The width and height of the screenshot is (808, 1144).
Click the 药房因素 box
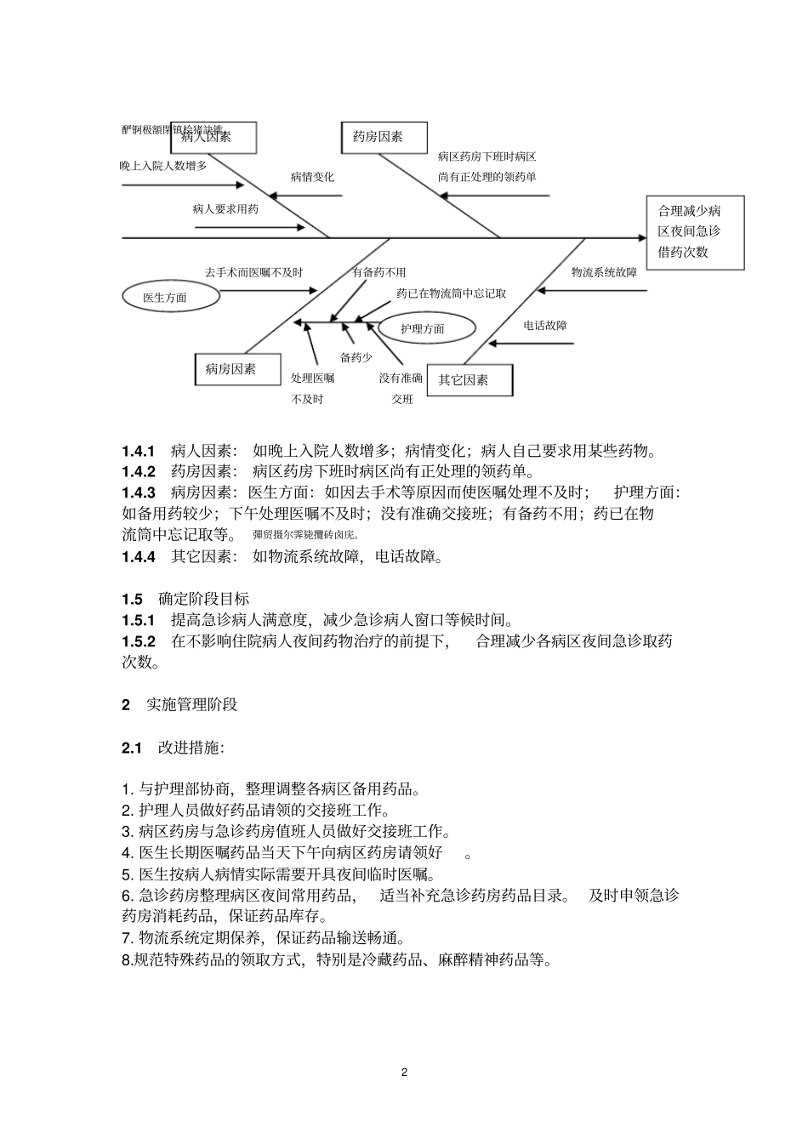384,137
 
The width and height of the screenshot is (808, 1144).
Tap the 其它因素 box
469,380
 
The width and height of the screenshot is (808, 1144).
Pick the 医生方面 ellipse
170,297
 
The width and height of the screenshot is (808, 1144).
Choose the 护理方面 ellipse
423,328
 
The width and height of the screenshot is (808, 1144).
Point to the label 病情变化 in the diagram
312,177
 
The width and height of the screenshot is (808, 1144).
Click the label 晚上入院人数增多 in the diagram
163,165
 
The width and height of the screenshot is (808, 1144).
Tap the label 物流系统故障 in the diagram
604,272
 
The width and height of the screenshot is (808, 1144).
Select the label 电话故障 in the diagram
545,325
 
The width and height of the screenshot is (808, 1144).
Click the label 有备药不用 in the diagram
379,272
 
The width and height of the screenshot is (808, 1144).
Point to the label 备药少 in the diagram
356,357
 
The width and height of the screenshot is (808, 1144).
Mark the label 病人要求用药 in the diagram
225,208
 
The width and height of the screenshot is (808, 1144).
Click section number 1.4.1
139,451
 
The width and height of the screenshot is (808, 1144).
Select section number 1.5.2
139,641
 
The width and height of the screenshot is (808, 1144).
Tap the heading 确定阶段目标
204,599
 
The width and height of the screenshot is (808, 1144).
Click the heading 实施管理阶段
192,704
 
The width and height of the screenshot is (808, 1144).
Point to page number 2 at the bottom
404,1072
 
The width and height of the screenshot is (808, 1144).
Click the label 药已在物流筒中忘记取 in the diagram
452,293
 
